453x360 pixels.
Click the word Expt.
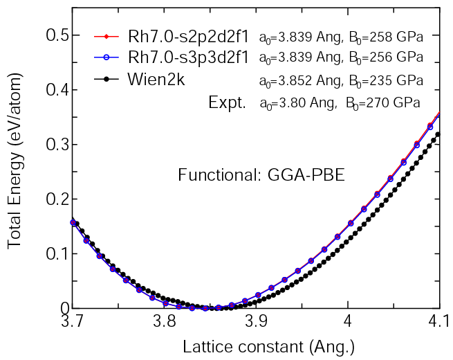pos(227,103)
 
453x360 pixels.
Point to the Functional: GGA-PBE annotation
pos(261,174)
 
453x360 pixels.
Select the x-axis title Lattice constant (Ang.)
pos(268,345)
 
